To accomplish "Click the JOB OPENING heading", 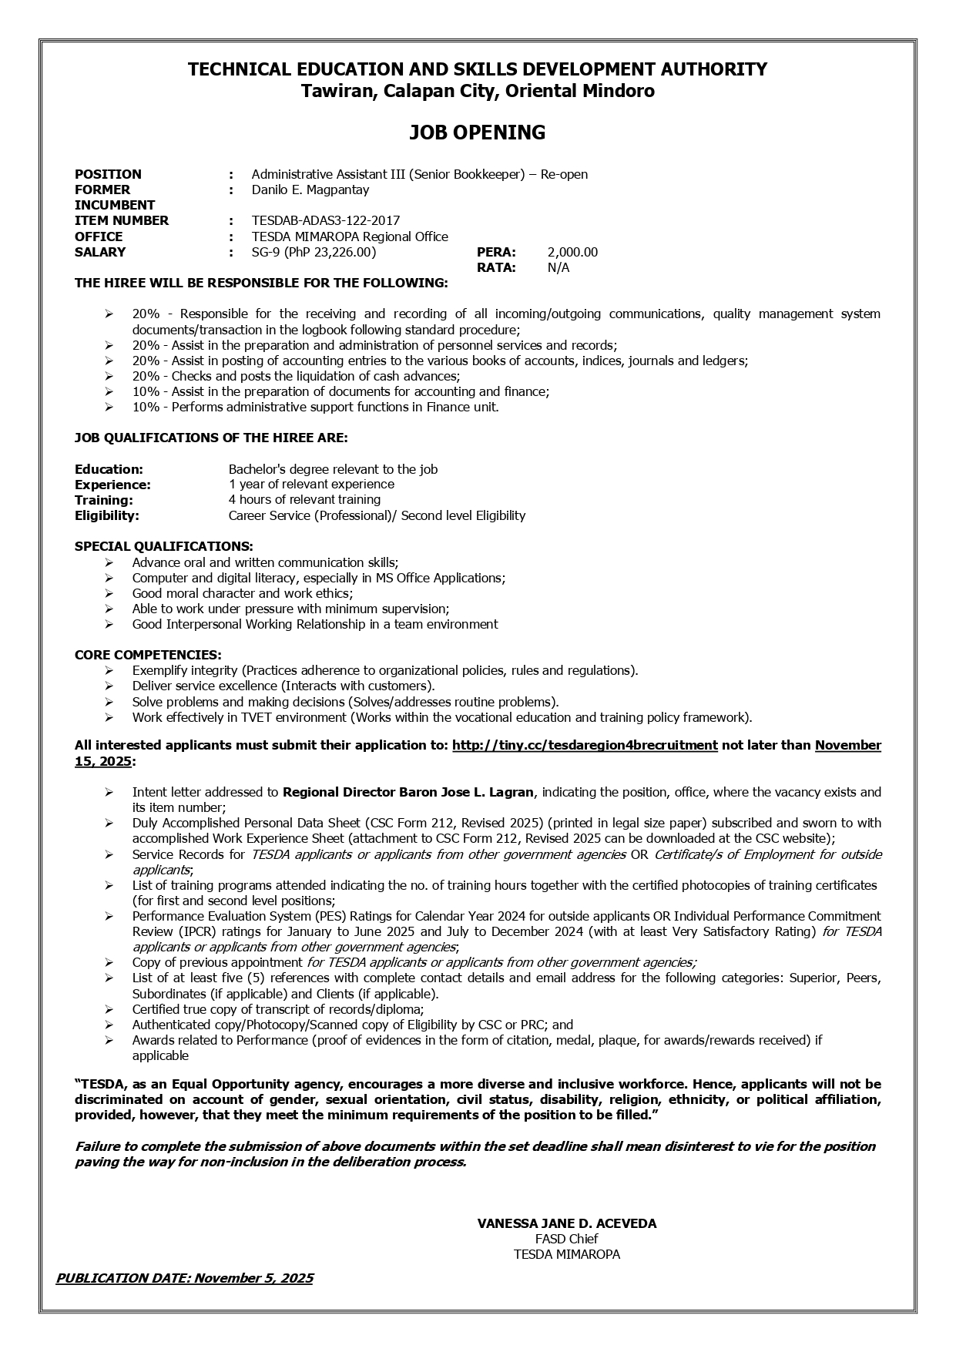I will [477, 133].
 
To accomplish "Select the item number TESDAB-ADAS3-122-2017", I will [325, 221].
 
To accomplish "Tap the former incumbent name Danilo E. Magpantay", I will [310, 190].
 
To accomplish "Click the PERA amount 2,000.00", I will [572, 252].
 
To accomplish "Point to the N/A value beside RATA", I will [559, 267].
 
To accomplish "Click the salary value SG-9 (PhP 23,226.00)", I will [314, 252].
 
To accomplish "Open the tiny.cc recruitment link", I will [585, 745].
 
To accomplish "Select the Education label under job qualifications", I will [109, 469].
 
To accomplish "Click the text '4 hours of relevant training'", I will [304, 500].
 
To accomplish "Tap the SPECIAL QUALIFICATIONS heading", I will [163, 546].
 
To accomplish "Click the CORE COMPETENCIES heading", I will [148, 655].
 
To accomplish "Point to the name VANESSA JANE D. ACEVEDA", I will [566, 1223].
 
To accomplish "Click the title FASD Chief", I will [566, 1239].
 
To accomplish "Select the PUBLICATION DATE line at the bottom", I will [184, 1278].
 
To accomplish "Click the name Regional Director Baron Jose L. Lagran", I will [408, 792].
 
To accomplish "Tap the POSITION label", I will [108, 174].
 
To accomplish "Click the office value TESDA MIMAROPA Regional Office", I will [349, 237].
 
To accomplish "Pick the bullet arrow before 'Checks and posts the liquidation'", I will [109, 376].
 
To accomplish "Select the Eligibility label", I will [106, 515].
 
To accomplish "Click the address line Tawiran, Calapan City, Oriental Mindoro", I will [477, 91].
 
